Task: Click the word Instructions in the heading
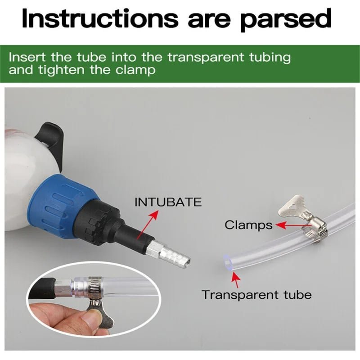coord(99,18)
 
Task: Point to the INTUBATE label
coord(168,202)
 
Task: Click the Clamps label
coord(248,225)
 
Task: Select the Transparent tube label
coord(256,295)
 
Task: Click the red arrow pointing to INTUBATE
coord(148,225)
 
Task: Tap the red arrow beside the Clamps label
coord(293,225)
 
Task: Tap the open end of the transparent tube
coord(227,262)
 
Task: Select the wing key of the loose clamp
coord(292,207)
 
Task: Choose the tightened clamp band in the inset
coord(94,287)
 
